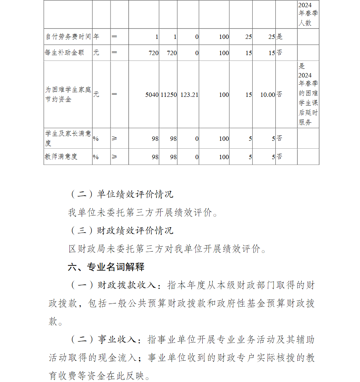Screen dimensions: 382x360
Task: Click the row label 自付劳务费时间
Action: click(x=68, y=37)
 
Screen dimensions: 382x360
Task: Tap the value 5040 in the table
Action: click(x=152, y=94)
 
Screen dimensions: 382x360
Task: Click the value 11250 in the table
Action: click(x=168, y=94)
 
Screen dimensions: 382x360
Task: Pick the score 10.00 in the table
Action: click(x=267, y=94)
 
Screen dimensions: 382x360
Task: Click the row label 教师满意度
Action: click(x=61, y=157)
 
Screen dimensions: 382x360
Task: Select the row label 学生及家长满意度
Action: click(x=68, y=138)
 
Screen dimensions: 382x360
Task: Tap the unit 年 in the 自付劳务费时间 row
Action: click(x=96, y=37)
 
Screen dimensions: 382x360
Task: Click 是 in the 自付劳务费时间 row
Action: click(x=279, y=37)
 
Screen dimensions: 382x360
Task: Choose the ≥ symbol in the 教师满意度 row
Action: click(x=114, y=157)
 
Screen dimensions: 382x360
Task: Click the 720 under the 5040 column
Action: click(x=153, y=53)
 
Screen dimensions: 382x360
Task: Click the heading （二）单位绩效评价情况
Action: click(x=121, y=194)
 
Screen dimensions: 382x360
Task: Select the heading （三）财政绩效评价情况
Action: click(x=121, y=230)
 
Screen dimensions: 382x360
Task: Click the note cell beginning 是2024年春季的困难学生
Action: click(x=308, y=94)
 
